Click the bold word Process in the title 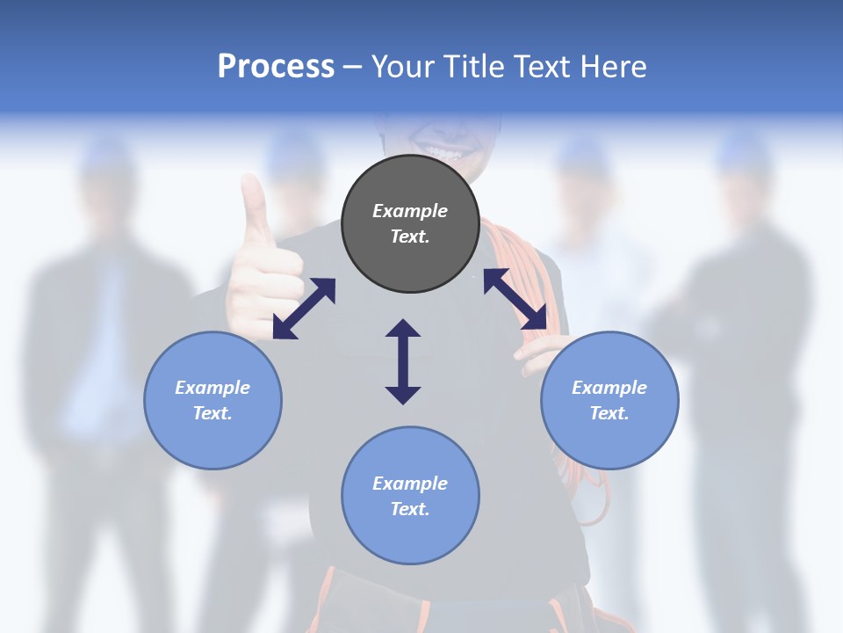(276, 67)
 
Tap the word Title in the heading (473, 67)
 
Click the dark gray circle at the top (410, 223)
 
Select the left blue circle (213, 400)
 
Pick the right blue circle (609, 400)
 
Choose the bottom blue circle (410, 496)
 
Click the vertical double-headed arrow (403, 361)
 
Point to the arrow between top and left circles (304, 309)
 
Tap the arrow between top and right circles (515, 300)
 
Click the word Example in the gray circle (410, 211)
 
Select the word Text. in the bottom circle (410, 509)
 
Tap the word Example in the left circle (213, 388)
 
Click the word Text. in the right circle (609, 413)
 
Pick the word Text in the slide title (544, 67)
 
